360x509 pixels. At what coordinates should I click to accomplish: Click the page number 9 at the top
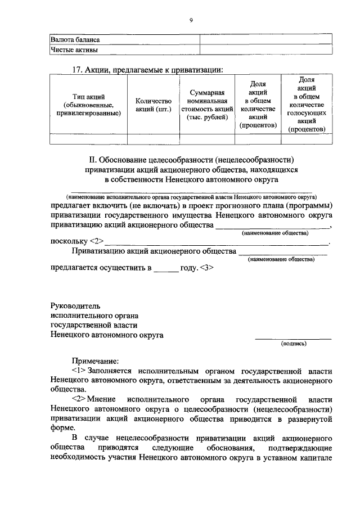191,20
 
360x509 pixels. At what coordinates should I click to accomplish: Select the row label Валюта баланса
75,40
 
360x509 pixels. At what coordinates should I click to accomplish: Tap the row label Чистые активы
74,50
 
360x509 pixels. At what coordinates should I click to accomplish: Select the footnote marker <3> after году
205,268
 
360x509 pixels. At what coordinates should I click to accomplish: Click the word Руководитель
75,307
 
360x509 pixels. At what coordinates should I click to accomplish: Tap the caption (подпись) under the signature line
293,344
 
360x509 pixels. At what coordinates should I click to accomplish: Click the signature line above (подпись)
293,339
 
